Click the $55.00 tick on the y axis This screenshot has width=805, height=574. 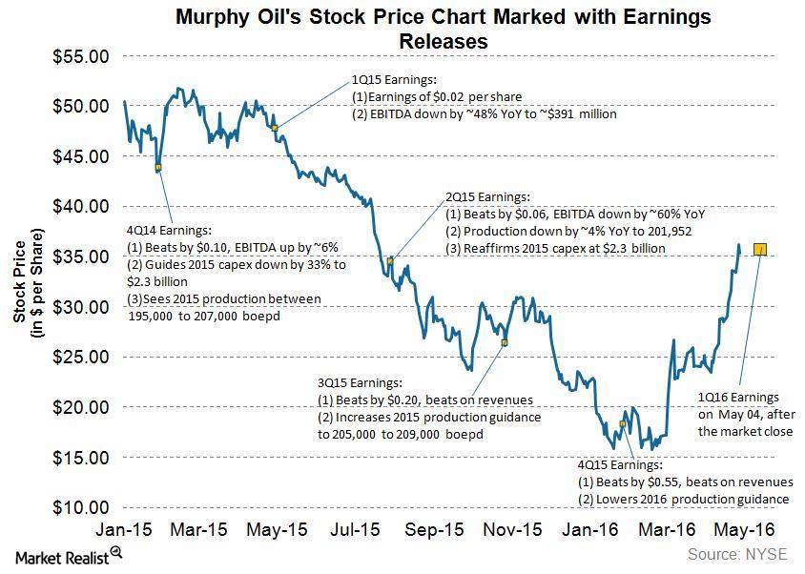pos(80,57)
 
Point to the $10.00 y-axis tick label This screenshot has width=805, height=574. pos(80,507)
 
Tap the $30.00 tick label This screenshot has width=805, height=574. pos(80,307)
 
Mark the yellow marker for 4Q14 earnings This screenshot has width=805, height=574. pos(158,167)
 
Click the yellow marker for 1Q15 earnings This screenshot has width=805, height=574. pos(275,127)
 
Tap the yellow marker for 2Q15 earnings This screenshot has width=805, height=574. pos(390,260)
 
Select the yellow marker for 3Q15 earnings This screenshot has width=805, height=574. pos(505,342)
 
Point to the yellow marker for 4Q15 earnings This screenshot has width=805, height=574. pos(623,423)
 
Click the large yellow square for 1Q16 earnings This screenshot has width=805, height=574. pos(760,250)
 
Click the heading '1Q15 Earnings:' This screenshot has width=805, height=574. pos(393,80)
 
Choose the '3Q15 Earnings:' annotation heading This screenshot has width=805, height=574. pos(365,381)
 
